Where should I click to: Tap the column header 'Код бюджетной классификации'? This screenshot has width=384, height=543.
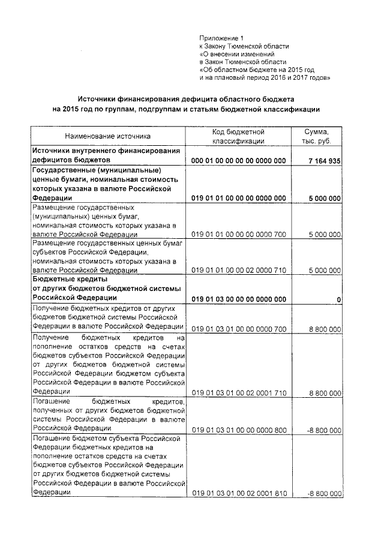pos(238,136)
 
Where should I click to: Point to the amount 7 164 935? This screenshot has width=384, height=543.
pos(323,161)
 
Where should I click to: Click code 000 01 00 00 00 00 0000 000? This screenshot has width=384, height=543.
pos(238,161)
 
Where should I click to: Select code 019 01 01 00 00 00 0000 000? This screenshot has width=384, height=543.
pos(238,197)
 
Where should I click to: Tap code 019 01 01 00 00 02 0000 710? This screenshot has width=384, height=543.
pos(238,271)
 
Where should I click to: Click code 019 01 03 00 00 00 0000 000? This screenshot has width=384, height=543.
pos(238,299)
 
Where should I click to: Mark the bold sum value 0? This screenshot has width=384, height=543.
pos(339,299)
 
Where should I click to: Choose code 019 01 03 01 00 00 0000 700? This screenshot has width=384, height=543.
pos(238,328)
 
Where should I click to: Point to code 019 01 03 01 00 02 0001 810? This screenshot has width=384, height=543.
pos(238,493)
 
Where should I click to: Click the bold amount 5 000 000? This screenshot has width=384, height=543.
pos(325,197)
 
